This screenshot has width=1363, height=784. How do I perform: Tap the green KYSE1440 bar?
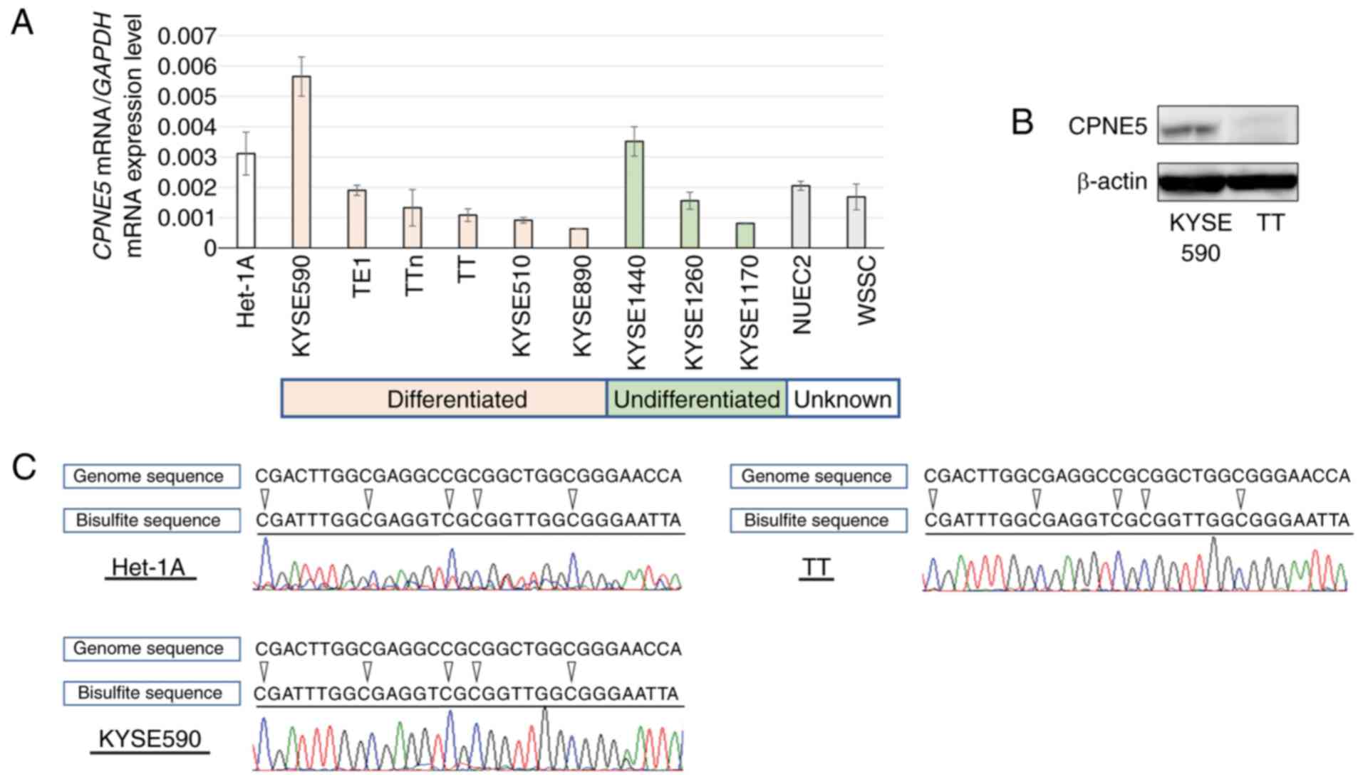coord(634,194)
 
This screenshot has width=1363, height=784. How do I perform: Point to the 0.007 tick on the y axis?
coord(186,36)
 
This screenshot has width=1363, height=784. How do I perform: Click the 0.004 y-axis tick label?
coord(186,127)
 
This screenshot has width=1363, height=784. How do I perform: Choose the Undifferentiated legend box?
coord(696,399)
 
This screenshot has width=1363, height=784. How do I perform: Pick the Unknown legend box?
coord(842,399)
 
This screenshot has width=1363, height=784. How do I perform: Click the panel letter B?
coord(1022,122)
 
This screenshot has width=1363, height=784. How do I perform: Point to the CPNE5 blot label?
coord(1107,127)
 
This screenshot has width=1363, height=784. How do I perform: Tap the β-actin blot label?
coord(1111,182)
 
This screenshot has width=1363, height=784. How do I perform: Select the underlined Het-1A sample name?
coord(149,568)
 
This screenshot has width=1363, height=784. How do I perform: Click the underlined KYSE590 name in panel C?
coord(150,739)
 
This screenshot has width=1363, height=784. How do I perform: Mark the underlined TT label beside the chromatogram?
coord(816,568)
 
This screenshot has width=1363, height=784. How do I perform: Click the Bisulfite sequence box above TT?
coord(818,521)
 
